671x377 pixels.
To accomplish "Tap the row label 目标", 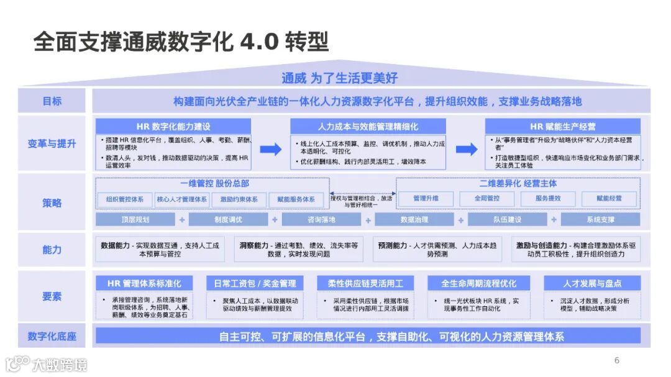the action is click(x=52, y=101).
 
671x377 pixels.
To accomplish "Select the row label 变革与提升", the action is click(x=52, y=143).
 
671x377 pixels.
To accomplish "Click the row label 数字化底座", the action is click(x=52, y=337).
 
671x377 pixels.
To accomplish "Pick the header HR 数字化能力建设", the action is click(x=173, y=126).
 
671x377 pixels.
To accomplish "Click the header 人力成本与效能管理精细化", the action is click(x=368, y=126).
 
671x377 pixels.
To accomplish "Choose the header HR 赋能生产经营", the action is click(x=562, y=126).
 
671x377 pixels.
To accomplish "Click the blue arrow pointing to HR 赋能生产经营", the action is click(x=466, y=149).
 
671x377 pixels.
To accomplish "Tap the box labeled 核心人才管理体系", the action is click(x=182, y=199).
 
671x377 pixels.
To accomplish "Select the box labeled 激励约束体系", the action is click(x=239, y=199).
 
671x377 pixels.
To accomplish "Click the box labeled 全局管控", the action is click(x=487, y=199).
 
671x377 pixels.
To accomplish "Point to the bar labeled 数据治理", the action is click(x=414, y=220).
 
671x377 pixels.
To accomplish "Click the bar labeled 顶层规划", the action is click(x=135, y=220).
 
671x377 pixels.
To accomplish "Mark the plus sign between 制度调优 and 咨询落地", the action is click(x=274, y=220).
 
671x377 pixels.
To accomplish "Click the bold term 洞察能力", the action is click(x=253, y=245).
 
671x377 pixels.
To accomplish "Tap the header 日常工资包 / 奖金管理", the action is click(x=255, y=283).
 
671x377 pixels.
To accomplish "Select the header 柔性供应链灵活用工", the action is click(x=365, y=283).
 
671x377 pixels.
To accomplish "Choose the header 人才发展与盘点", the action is click(x=591, y=283).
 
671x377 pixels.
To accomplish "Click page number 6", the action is click(x=616, y=360).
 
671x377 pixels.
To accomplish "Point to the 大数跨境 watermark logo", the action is click(x=47, y=363).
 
